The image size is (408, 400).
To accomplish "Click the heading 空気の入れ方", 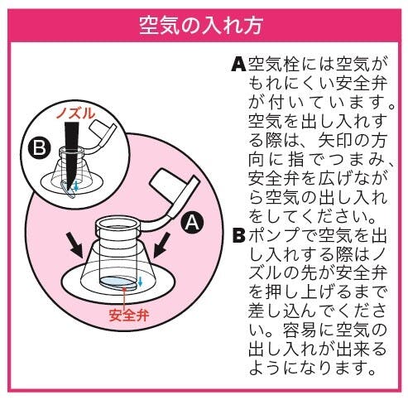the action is click(200, 26).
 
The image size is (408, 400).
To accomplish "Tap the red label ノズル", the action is click(75, 113).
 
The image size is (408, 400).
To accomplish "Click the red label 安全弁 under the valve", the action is click(129, 315).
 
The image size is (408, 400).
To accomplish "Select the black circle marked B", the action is click(39, 147).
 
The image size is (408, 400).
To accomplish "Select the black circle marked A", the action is click(192, 223).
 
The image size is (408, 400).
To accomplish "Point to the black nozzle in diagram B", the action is click(71, 154).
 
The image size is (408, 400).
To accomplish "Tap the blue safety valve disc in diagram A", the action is click(118, 282).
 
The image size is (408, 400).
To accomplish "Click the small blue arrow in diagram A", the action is click(141, 282).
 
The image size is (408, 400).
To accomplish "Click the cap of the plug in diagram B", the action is click(100, 130).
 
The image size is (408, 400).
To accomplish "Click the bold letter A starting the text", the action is click(238, 64).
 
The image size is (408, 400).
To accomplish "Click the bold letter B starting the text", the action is click(238, 235).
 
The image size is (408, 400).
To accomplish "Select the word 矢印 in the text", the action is click(334, 141).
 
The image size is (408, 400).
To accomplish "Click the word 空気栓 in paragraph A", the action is click(274, 65).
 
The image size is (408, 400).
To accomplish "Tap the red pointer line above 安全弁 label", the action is click(124, 297).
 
